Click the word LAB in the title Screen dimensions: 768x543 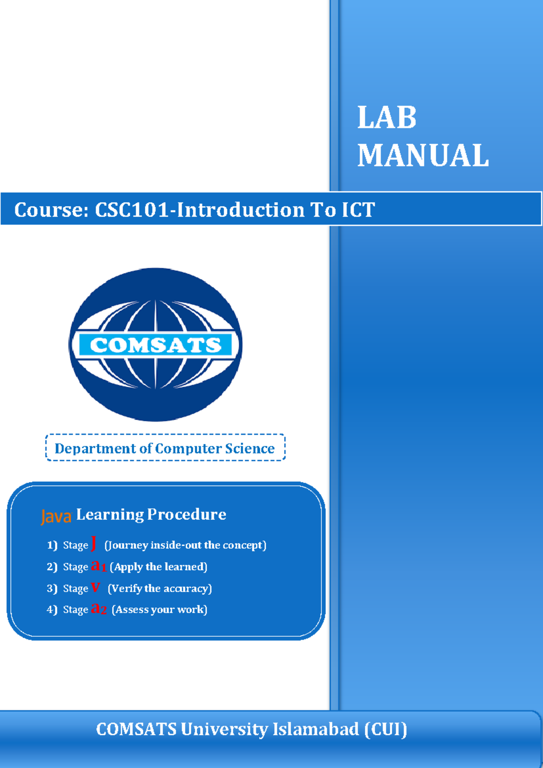(386, 118)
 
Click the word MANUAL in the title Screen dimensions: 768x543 (423, 156)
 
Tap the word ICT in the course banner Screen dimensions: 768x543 (358, 210)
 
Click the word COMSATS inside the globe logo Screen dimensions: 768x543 (156, 345)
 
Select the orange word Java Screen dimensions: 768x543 (56, 516)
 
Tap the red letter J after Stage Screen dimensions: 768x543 (94, 543)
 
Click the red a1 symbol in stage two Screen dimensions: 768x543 (98, 566)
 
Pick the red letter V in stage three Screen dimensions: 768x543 (95, 588)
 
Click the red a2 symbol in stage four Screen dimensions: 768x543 (99, 609)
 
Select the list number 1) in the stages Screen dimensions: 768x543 (52, 545)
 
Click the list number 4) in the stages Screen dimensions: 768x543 (52, 610)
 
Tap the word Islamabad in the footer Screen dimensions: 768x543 (315, 730)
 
